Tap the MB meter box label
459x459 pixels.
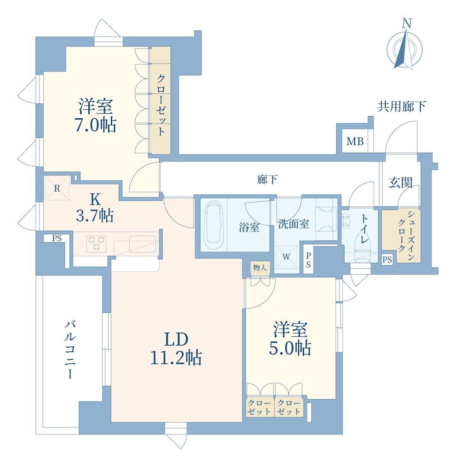355,142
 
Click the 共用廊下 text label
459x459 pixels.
402,106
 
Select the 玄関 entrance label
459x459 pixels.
401,183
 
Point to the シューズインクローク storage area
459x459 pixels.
401,234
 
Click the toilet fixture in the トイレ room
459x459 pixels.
363,244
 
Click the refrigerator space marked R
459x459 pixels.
57,189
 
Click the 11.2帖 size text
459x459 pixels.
176,357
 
